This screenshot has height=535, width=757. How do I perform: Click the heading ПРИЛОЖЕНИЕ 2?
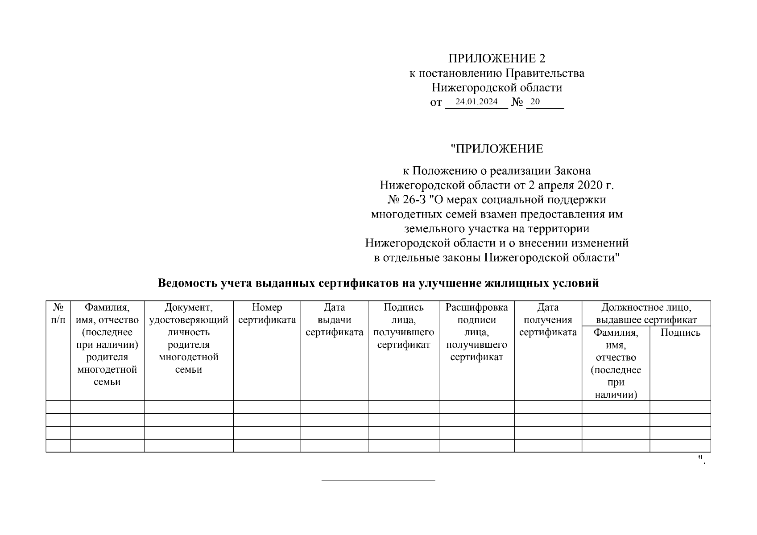pyautogui.click(x=496, y=58)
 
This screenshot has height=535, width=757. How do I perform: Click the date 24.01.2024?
pyautogui.click(x=476, y=102)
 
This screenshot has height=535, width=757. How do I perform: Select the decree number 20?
pyautogui.click(x=535, y=102)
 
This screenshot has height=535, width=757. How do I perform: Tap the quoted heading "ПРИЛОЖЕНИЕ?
pyautogui.click(x=496, y=148)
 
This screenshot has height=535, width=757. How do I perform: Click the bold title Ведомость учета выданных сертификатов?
pyautogui.click(x=378, y=283)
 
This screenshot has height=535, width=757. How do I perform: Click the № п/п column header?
pyautogui.click(x=58, y=313)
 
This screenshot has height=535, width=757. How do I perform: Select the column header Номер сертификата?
pyautogui.click(x=267, y=313)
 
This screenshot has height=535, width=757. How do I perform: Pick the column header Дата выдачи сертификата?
pyautogui.click(x=334, y=320)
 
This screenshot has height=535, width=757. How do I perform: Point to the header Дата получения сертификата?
pyautogui.click(x=548, y=320)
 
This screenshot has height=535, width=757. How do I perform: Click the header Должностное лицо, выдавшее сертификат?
pyautogui.click(x=646, y=313)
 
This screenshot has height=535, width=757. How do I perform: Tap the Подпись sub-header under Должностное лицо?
pyautogui.click(x=680, y=333)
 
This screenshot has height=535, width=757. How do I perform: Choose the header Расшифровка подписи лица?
pyautogui.click(x=476, y=332)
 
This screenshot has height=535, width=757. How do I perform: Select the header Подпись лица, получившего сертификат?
pyautogui.click(x=403, y=326)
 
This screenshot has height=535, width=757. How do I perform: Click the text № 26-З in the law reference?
pyautogui.click(x=406, y=200)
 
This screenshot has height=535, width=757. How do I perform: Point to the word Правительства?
pyautogui.click(x=550, y=73)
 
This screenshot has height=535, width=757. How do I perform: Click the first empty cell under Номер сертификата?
pyautogui.click(x=267, y=407)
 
